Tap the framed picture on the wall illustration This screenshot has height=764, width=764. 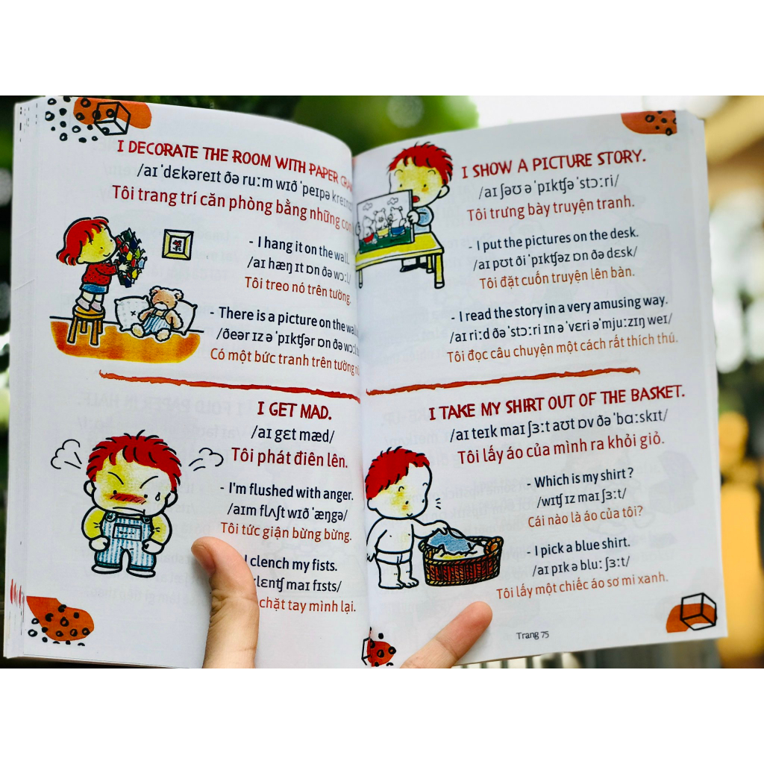(x=178, y=244)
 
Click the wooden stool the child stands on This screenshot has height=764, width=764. (x=87, y=322)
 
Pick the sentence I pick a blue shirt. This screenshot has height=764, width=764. (x=582, y=544)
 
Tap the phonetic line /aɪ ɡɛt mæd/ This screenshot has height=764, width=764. (x=293, y=433)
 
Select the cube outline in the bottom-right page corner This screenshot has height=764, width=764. (x=698, y=611)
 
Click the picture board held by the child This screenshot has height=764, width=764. (x=384, y=218)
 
